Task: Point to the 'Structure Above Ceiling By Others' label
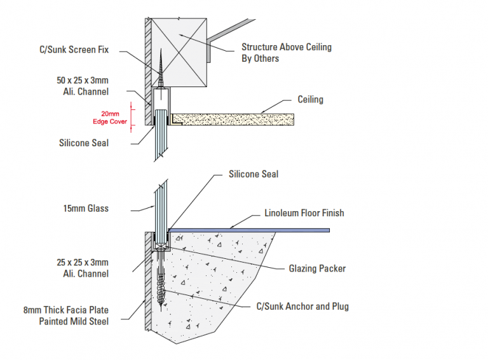(286, 52)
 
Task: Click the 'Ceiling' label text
(310, 100)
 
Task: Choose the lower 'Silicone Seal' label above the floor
(253, 174)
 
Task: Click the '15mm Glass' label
(86, 208)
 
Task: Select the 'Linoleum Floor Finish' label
(304, 212)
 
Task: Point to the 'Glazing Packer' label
(317, 268)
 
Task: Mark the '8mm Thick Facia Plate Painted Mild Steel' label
(74, 316)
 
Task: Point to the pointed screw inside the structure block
(162, 70)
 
